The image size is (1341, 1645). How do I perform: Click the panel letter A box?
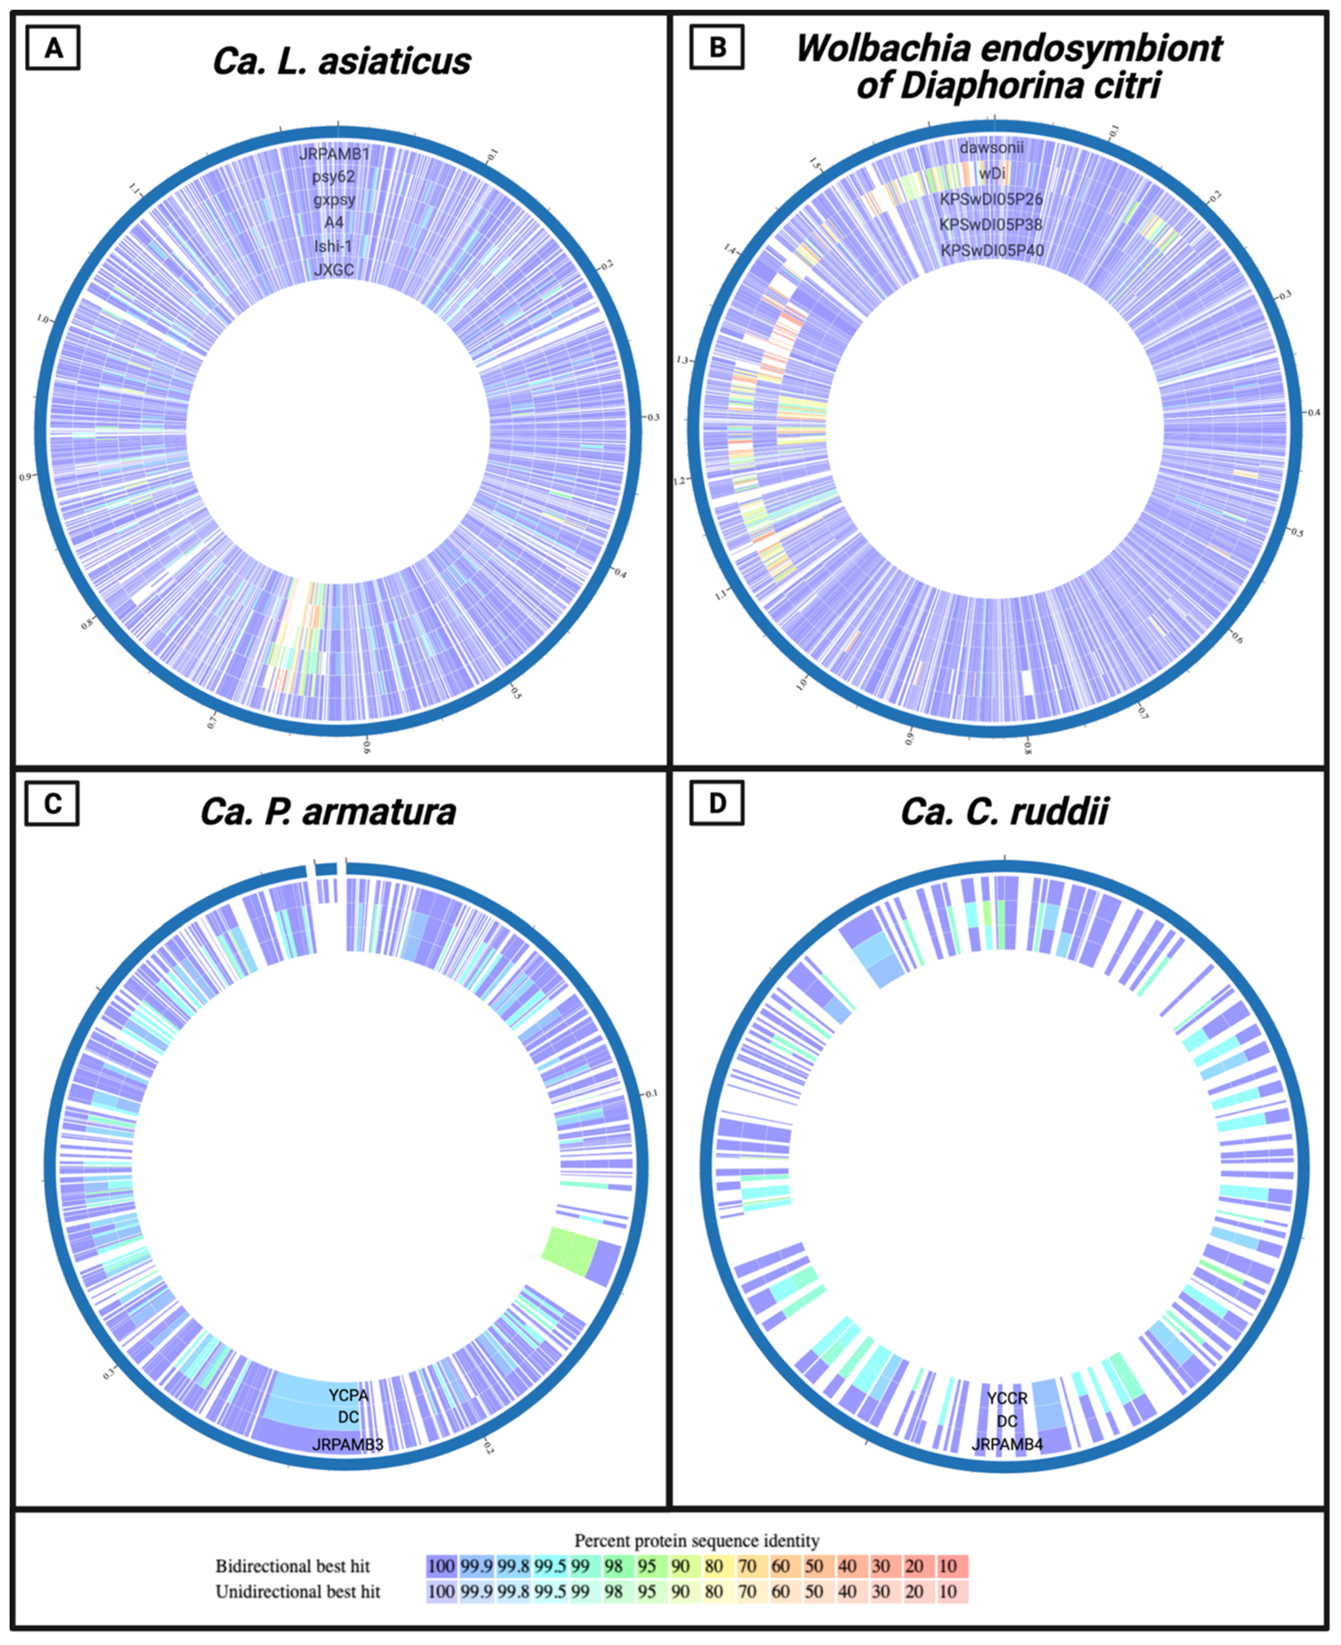pyautogui.click(x=52, y=48)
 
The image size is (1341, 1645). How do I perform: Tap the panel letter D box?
pyautogui.click(x=717, y=804)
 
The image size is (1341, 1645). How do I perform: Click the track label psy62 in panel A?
pyautogui.click(x=334, y=177)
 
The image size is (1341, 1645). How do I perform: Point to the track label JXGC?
pyautogui.click(x=334, y=270)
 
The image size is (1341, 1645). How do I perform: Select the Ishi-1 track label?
pyautogui.click(x=334, y=247)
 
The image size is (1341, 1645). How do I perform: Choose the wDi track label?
pyautogui.click(x=992, y=173)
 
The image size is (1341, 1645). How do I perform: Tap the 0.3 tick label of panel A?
pyautogui.click(x=653, y=417)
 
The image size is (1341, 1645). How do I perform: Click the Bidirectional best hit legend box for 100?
pyautogui.click(x=441, y=1566)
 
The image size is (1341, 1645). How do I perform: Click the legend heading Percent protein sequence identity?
pyautogui.click(x=696, y=1541)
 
